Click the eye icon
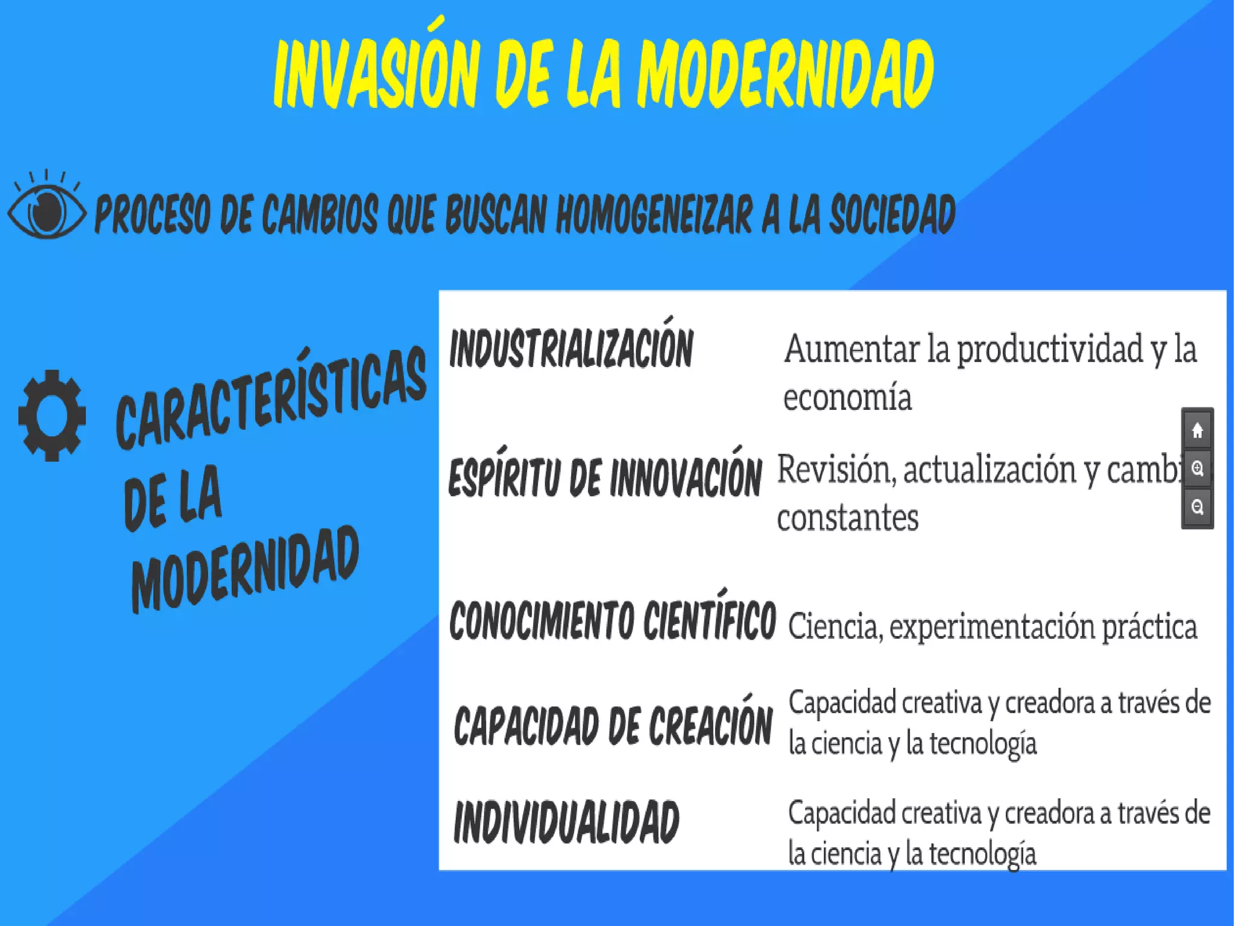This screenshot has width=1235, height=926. (47, 208)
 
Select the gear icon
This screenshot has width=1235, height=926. (52, 415)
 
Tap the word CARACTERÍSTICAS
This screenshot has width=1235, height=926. (271, 398)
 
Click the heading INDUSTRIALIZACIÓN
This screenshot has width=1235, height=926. (571, 348)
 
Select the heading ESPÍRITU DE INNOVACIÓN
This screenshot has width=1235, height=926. (605, 476)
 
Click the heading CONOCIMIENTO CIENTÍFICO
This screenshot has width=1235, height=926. (612, 620)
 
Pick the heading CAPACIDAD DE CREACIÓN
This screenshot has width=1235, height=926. (612, 725)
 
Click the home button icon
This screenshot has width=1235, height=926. (1197, 430)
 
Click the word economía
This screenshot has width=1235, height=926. (847, 398)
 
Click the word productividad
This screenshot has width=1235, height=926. (1049, 350)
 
